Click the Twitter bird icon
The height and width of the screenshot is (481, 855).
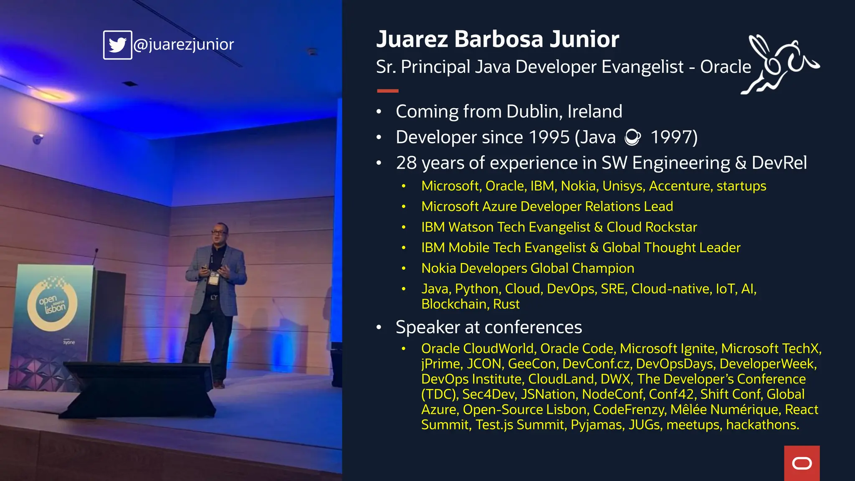(x=118, y=45)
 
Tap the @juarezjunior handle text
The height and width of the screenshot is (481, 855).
(x=184, y=44)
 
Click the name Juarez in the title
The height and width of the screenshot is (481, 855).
(x=412, y=39)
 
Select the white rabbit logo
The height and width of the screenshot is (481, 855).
(x=779, y=65)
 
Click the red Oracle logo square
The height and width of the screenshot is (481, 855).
(x=802, y=463)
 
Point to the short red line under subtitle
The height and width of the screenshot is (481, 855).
(x=387, y=91)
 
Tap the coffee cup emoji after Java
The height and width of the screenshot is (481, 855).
(x=632, y=137)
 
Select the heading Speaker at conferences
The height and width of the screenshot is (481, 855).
(x=488, y=327)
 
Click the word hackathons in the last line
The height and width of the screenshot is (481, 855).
(x=762, y=425)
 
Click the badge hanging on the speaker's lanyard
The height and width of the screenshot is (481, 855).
(x=214, y=278)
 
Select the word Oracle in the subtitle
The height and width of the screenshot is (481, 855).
(x=725, y=67)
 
